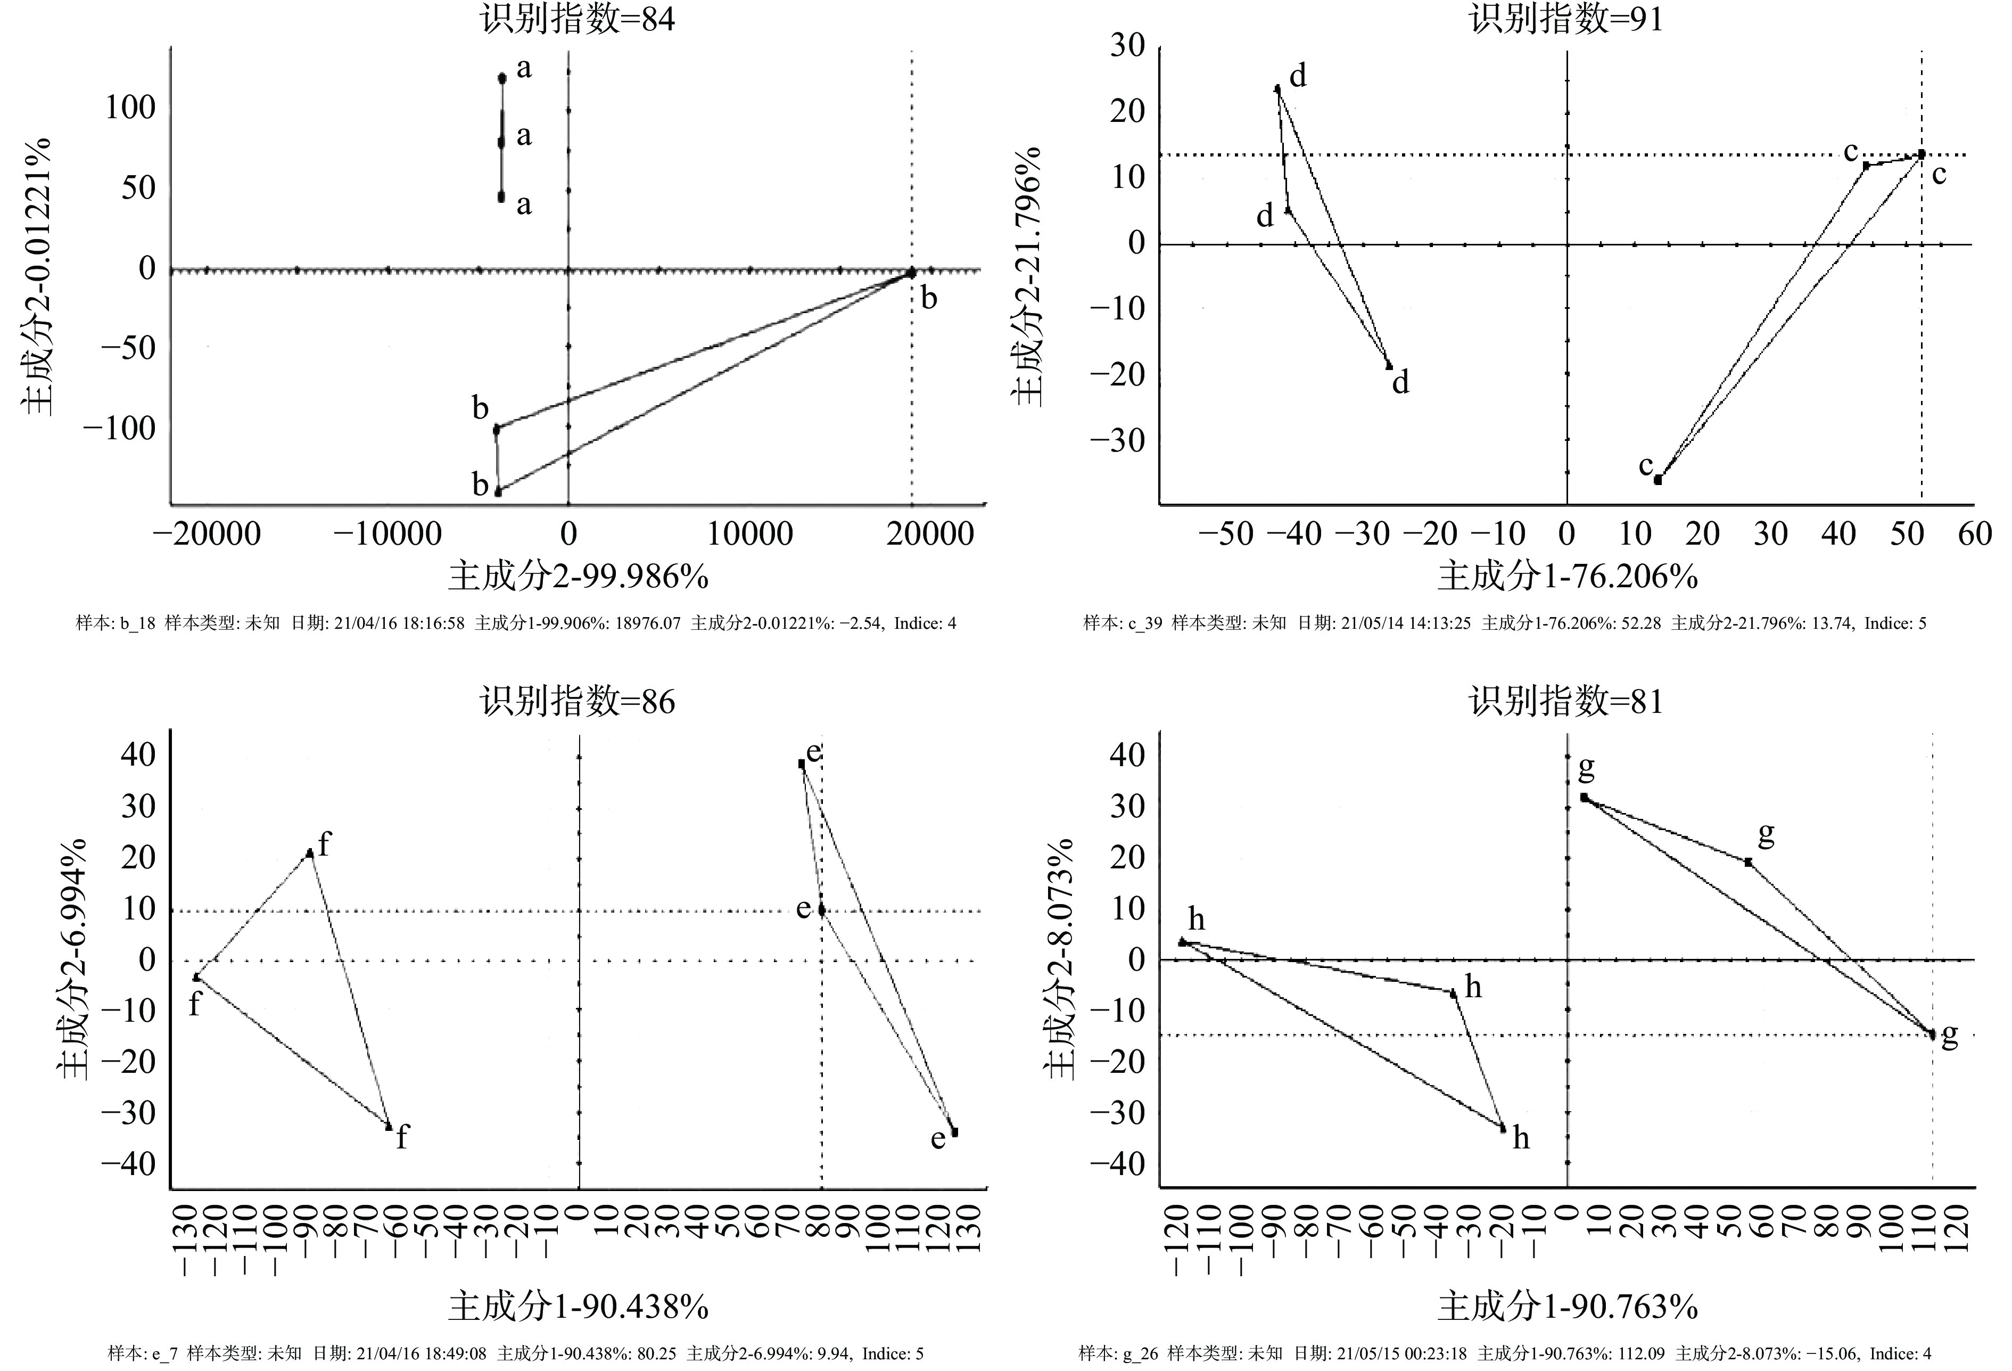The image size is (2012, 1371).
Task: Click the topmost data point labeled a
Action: tap(501, 78)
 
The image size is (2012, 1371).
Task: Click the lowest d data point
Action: tap(1389, 365)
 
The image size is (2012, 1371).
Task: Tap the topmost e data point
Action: tap(802, 763)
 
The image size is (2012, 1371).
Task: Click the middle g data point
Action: tap(1748, 863)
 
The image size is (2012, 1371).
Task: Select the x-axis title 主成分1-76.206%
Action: tap(1567, 577)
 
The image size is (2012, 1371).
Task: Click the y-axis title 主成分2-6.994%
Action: tap(73, 959)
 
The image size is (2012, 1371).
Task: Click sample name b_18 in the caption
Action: tap(137, 623)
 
